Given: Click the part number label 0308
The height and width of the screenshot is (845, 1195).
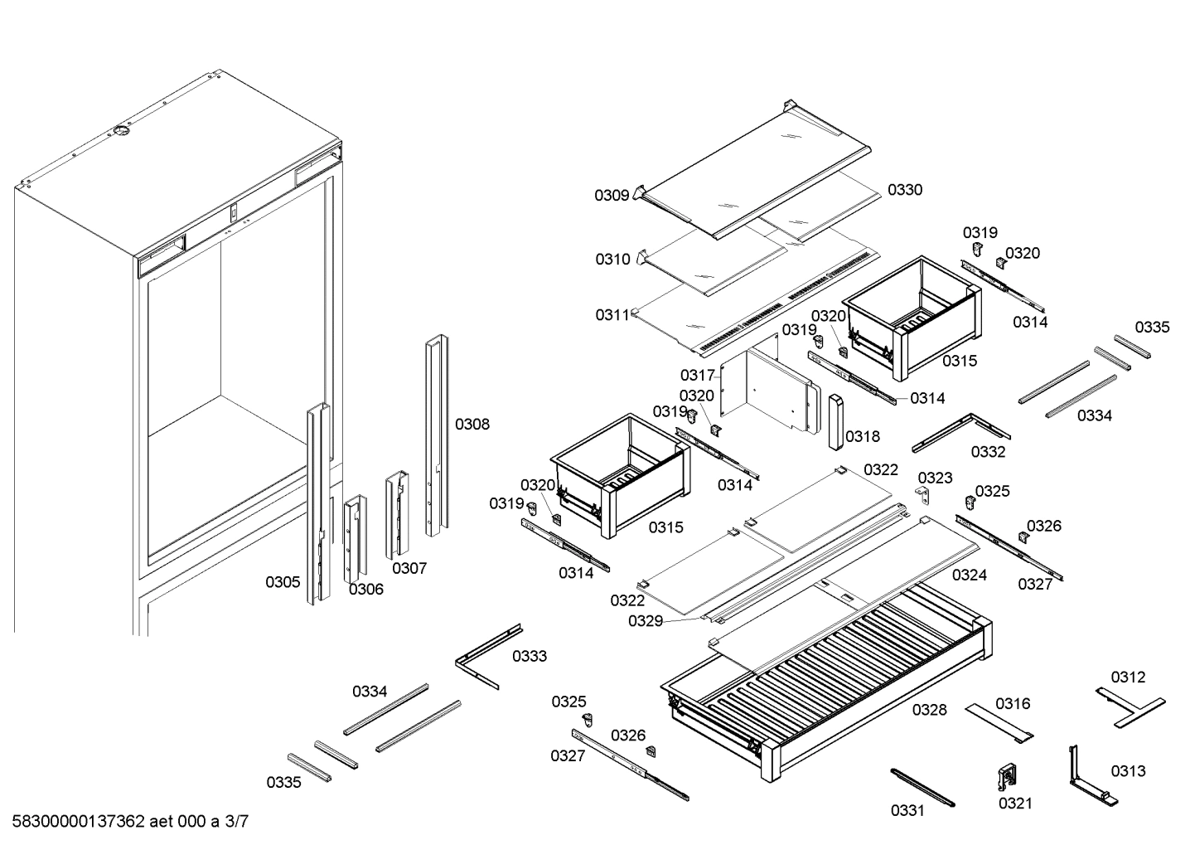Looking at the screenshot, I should [x=472, y=425].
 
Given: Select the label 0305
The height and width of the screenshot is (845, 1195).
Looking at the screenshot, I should [x=283, y=582].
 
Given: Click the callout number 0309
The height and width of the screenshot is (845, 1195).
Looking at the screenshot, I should [x=612, y=196].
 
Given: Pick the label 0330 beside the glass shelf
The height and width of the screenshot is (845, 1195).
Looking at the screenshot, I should [x=904, y=190].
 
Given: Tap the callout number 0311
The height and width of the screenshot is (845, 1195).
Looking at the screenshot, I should [x=612, y=315].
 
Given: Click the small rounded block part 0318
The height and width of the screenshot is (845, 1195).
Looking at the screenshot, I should [x=835, y=420].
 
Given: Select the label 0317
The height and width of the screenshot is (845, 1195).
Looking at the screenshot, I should [x=697, y=376].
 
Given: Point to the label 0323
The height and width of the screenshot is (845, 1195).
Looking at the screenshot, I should [x=935, y=478].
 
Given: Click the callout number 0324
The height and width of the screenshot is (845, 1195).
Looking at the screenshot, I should [x=969, y=575].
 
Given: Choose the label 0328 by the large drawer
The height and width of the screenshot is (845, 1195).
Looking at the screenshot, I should [x=930, y=710].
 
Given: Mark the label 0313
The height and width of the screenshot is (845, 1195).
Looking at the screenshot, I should [x=1128, y=771].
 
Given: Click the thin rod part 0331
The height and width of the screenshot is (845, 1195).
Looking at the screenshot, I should [x=922, y=787].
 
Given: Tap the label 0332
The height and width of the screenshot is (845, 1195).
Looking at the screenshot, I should [x=988, y=452].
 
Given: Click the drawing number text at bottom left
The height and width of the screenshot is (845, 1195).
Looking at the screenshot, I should [x=130, y=822].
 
